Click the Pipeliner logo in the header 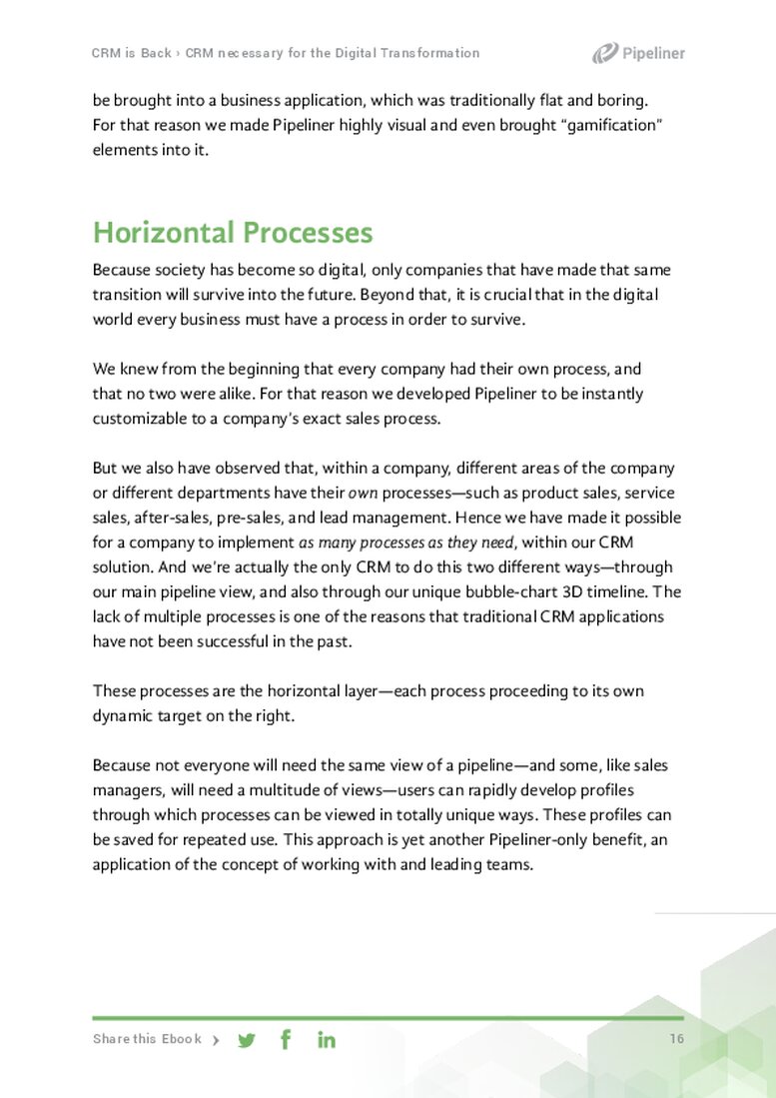coord(638,53)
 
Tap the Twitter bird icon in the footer coord(247,1040)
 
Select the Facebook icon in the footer coord(286,1039)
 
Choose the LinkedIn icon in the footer coord(327,1040)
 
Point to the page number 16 coord(677,1039)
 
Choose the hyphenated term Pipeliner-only coord(527,839)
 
